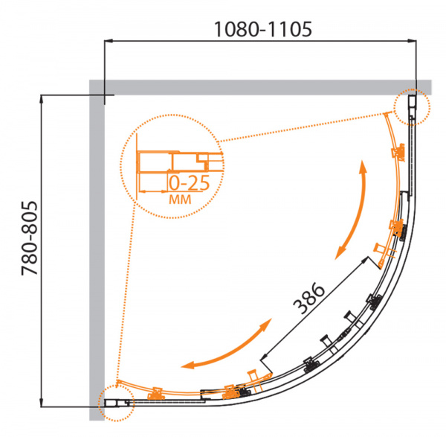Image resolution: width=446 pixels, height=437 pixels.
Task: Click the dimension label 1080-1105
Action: click(x=263, y=29)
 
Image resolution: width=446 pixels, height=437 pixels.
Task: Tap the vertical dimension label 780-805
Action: click(x=29, y=238)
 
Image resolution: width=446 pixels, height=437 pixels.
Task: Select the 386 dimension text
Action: click(x=308, y=298)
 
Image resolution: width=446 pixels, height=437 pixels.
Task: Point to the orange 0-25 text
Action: click(x=190, y=183)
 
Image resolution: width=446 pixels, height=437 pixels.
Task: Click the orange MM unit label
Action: click(x=180, y=200)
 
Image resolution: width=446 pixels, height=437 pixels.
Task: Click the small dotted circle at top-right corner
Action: click(x=412, y=107)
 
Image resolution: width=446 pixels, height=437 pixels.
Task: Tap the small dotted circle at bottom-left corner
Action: click(x=116, y=403)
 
